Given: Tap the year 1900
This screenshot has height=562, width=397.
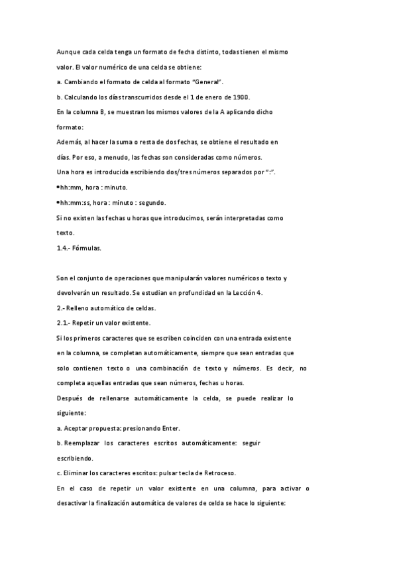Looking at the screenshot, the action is coord(238,96).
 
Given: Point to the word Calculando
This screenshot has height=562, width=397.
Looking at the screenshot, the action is coord(82,96).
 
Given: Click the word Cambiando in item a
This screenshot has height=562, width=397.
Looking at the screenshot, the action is coord(82,81).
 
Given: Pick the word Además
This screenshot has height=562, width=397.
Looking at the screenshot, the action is coord(70,141).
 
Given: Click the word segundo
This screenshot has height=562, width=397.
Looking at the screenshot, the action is coord(151,202).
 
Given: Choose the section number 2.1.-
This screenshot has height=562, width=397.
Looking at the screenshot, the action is coord(66,323).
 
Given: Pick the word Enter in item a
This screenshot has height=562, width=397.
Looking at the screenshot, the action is coord(168,428).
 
